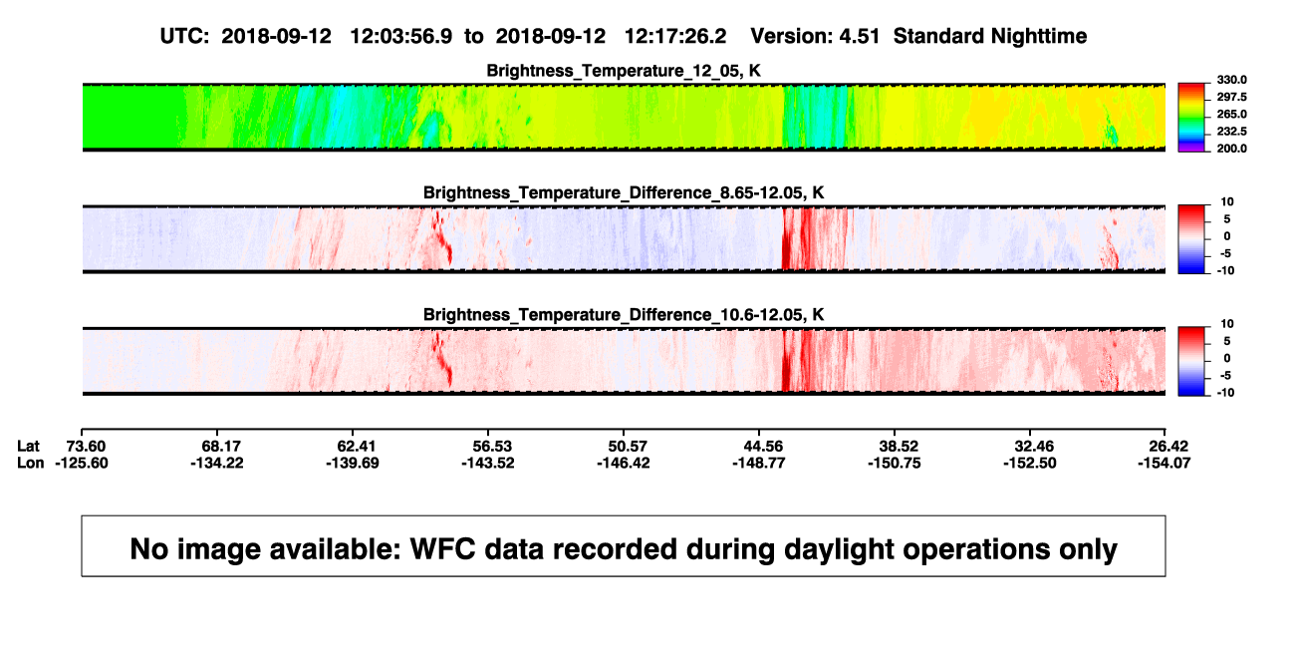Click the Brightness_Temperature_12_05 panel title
click(x=624, y=71)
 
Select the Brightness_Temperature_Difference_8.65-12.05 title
click(x=624, y=192)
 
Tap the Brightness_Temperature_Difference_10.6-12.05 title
click(x=624, y=315)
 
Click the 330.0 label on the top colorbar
click(x=1231, y=80)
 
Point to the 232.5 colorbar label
click(x=1231, y=132)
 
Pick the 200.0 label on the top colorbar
click(x=1231, y=149)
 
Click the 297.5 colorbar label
click(x=1231, y=98)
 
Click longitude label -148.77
click(x=758, y=463)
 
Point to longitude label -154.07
click(x=1164, y=463)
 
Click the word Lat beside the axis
click(x=28, y=447)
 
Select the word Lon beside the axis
click(x=30, y=463)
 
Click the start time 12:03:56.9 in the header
click(x=401, y=37)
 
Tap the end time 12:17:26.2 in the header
click(x=675, y=37)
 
